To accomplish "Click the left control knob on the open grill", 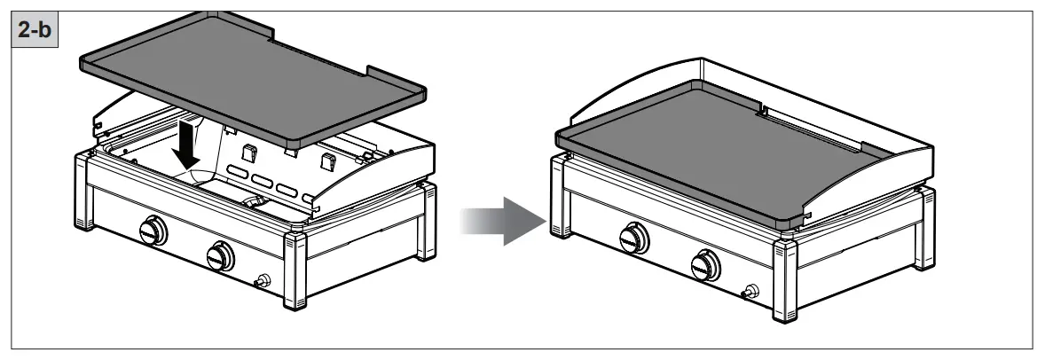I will (153, 231).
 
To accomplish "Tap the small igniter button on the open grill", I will (263, 281).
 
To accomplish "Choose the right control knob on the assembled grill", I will (707, 263).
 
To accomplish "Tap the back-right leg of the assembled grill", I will (927, 213).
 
